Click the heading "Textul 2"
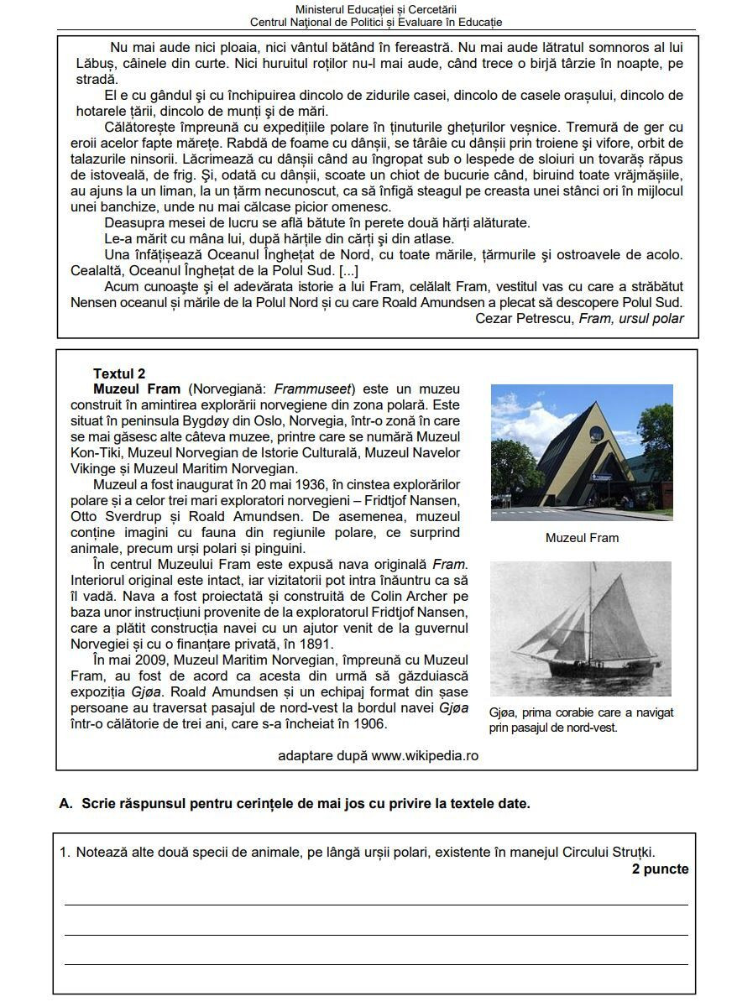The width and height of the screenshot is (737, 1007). (x=119, y=373)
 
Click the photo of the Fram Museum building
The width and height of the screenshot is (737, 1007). (x=581, y=452)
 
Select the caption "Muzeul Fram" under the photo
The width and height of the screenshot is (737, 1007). (x=582, y=538)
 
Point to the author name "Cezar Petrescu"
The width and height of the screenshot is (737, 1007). (x=525, y=318)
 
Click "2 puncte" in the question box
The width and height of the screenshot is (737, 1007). (x=660, y=869)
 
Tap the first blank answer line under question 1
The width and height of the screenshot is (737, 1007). (x=376, y=904)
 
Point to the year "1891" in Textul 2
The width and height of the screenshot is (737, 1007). (x=316, y=644)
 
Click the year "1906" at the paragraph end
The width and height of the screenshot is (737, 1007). (x=357, y=723)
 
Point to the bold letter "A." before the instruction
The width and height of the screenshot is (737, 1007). (x=66, y=803)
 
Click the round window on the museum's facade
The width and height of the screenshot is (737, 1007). (x=595, y=433)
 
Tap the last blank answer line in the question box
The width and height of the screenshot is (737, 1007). (x=376, y=964)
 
